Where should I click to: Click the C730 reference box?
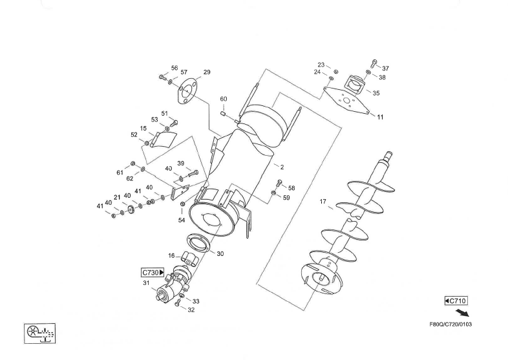click(x=153, y=273)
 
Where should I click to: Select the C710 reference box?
click(x=456, y=301)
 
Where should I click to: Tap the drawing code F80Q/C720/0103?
click(x=450, y=324)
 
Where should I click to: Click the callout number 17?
click(x=323, y=202)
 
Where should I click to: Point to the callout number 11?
click(x=380, y=117)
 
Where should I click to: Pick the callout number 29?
click(x=207, y=72)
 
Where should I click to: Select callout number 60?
click(x=224, y=99)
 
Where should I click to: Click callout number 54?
click(x=182, y=220)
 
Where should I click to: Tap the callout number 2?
click(x=282, y=167)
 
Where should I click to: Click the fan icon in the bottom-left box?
click(x=33, y=331)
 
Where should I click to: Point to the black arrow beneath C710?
click(x=462, y=313)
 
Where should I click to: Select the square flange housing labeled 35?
click(x=355, y=85)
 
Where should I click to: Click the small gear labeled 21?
click(x=132, y=209)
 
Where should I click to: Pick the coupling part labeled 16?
click(x=189, y=259)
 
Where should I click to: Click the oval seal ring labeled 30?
click(x=198, y=244)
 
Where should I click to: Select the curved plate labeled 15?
click(x=164, y=140)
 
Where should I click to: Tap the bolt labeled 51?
click(x=174, y=123)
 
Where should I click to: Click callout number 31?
click(x=146, y=283)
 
